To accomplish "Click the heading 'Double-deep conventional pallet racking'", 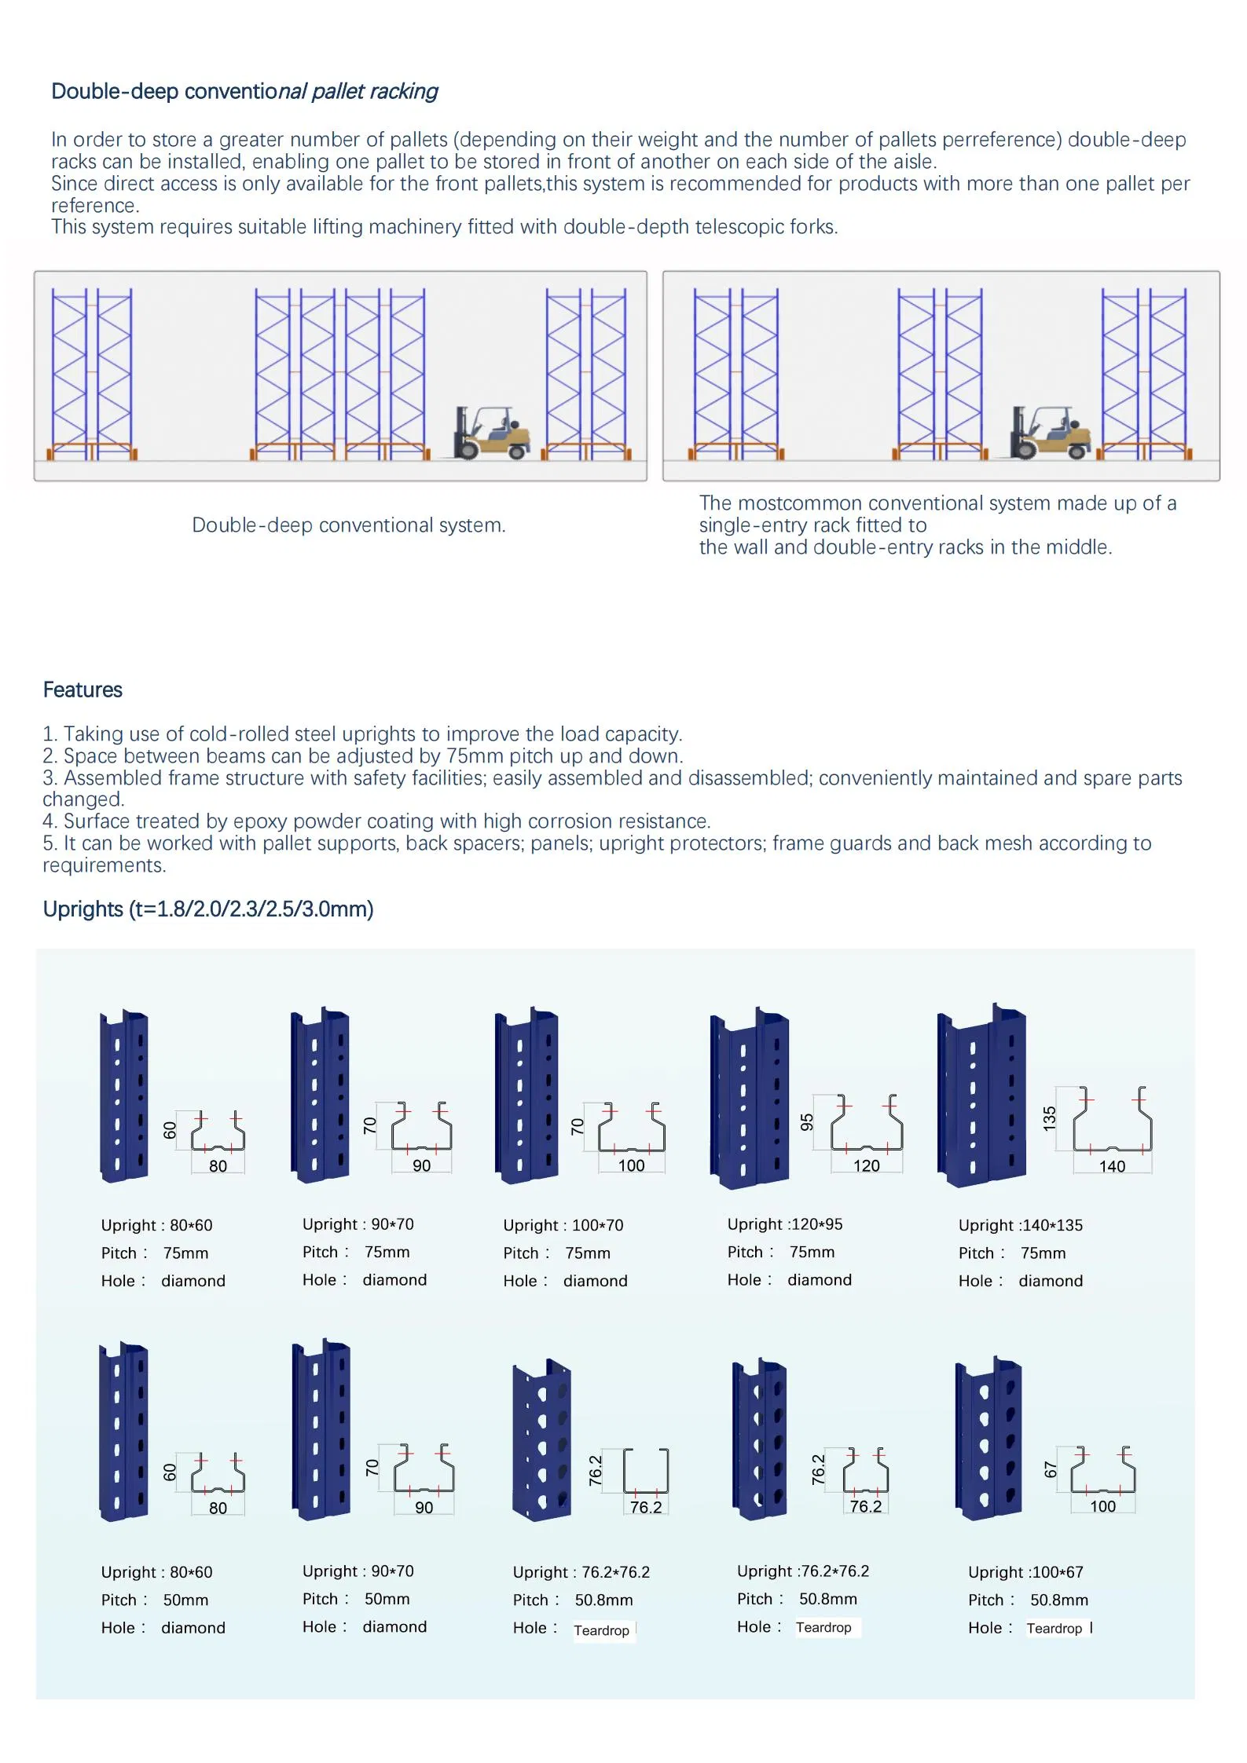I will tap(244, 92).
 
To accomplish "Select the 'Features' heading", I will tap(83, 690).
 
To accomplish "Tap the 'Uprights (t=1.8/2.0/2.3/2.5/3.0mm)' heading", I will tap(208, 909).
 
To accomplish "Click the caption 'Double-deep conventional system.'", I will tap(349, 525).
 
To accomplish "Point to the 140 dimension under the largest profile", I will tap(1112, 1167).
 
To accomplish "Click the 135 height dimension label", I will tap(1049, 1119).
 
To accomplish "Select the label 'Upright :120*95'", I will tap(784, 1224).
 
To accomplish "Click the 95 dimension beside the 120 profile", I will tap(807, 1122).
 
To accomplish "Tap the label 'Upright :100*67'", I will tap(1025, 1572).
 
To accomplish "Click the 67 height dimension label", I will tap(1051, 1470).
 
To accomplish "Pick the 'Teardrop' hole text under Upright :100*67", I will tap(1054, 1629).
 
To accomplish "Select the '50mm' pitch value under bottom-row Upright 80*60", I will tap(185, 1600).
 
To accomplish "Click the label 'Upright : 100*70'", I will tap(563, 1225).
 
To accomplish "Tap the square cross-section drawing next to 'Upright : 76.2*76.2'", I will tap(646, 1472).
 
